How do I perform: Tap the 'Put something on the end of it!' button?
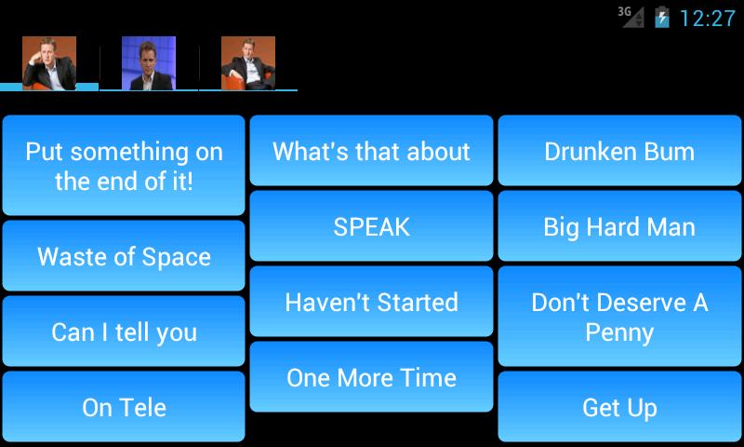pyautogui.click(x=124, y=166)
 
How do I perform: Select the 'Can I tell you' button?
pyautogui.click(x=124, y=332)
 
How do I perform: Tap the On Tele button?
pyautogui.click(x=124, y=407)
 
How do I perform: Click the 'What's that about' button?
pyautogui.click(x=371, y=151)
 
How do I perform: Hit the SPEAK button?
pyautogui.click(x=371, y=226)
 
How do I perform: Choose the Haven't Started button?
pyautogui.click(x=371, y=302)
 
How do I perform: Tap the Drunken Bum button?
pyautogui.click(x=619, y=151)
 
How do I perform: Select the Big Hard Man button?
pyautogui.click(x=619, y=226)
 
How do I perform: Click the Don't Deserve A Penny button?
pyautogui.click(x=619, y=317)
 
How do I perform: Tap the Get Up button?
pyautogui.click(x=619, y=407)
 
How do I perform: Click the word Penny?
pyautogui.click(x=619, y=332)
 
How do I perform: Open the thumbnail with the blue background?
pyautogui.click(x=149, y=63)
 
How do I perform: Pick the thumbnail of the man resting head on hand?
pyautogui.click(x=49, y=63)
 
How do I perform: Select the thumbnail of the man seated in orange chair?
pyautogui.click(x=248, y=63)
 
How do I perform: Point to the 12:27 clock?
pyautogui.click(x=708, y=19)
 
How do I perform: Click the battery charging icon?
pyautogui.click(x=662, y=18)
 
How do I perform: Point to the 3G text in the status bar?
pyautogui.click(x=624, y=11)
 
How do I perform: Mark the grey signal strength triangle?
pyautogui.click(x=634, y=18)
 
